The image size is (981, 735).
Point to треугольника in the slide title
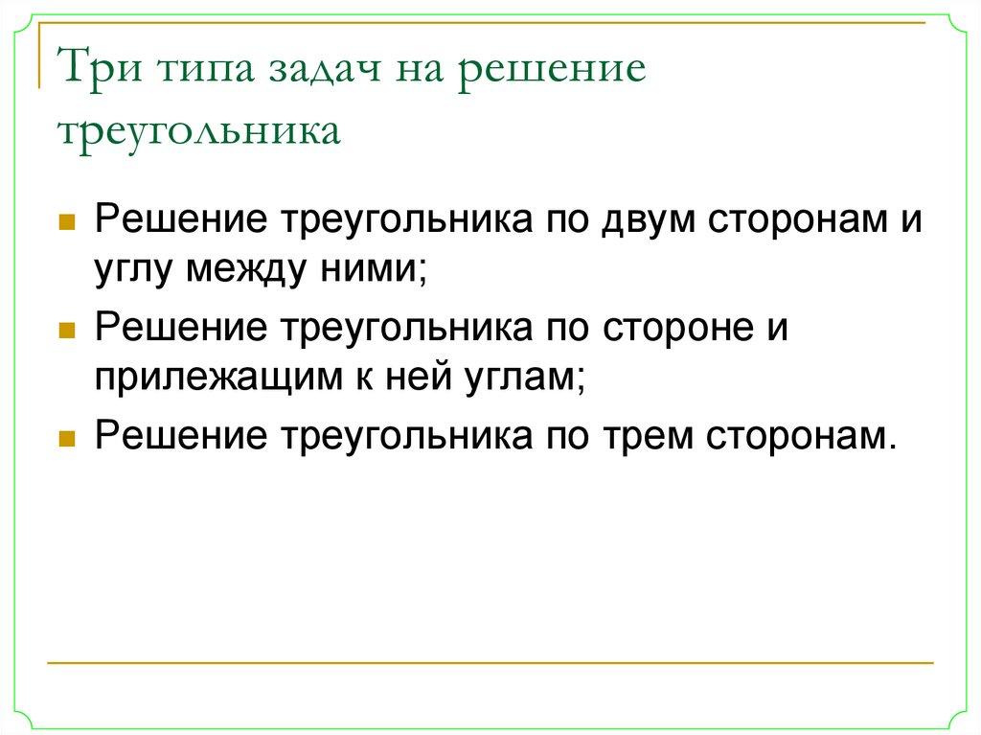[x=199, y=131]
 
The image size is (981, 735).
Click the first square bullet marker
[x=67, y=221]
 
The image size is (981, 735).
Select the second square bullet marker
[x=67, y=330]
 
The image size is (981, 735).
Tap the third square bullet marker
[x=67, y=438]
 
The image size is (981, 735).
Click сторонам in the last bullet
[x=803, y=436]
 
